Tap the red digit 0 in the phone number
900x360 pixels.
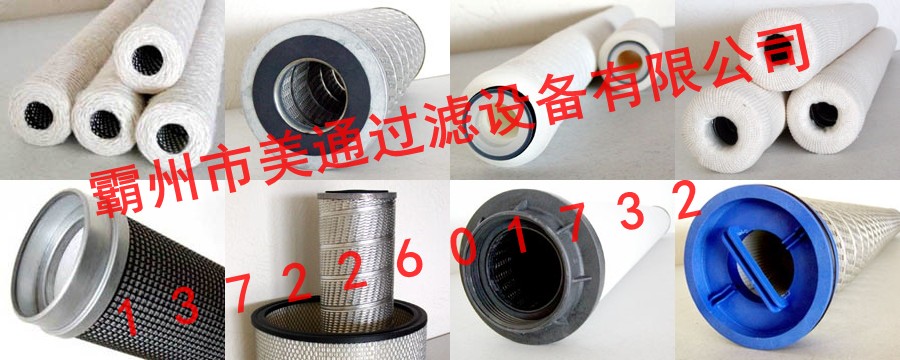pos(463,248)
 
